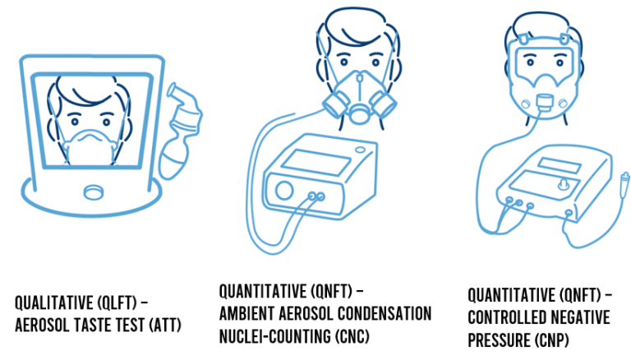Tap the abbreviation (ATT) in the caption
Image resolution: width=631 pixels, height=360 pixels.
tap(165, 325)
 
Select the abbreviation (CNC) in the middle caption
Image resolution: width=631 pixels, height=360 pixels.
tap(352, 336)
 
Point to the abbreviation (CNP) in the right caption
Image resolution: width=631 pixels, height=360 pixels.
tap(552, 340)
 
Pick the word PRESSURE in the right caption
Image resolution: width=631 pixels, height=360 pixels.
tap(499, 340)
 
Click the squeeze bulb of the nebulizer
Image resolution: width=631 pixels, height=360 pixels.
tap(173, 160)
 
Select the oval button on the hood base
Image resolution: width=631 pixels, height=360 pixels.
tap(94, 192)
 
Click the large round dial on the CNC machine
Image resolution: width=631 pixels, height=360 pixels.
tap(284, 190)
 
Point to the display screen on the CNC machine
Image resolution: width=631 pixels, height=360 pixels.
tap(315, 162)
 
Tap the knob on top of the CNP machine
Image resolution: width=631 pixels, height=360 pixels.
tap(563, 183)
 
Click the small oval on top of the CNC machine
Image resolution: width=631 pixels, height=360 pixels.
tap(361, 150)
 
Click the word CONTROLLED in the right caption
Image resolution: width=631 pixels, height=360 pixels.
tap(505, 318)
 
